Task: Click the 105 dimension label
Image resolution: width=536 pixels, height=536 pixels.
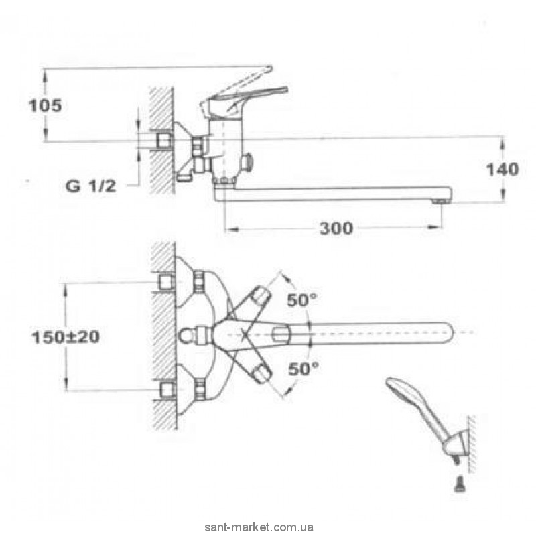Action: coord(46,105)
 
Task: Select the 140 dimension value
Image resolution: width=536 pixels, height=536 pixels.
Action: coord(503,169)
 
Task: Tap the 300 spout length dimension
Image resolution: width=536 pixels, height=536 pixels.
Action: coord(335,228)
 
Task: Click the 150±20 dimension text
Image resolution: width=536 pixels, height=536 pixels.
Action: coord(65,337)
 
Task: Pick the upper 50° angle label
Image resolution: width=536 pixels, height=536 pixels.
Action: coord(301,300)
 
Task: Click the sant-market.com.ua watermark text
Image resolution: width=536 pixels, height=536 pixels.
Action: coord(268,527)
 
